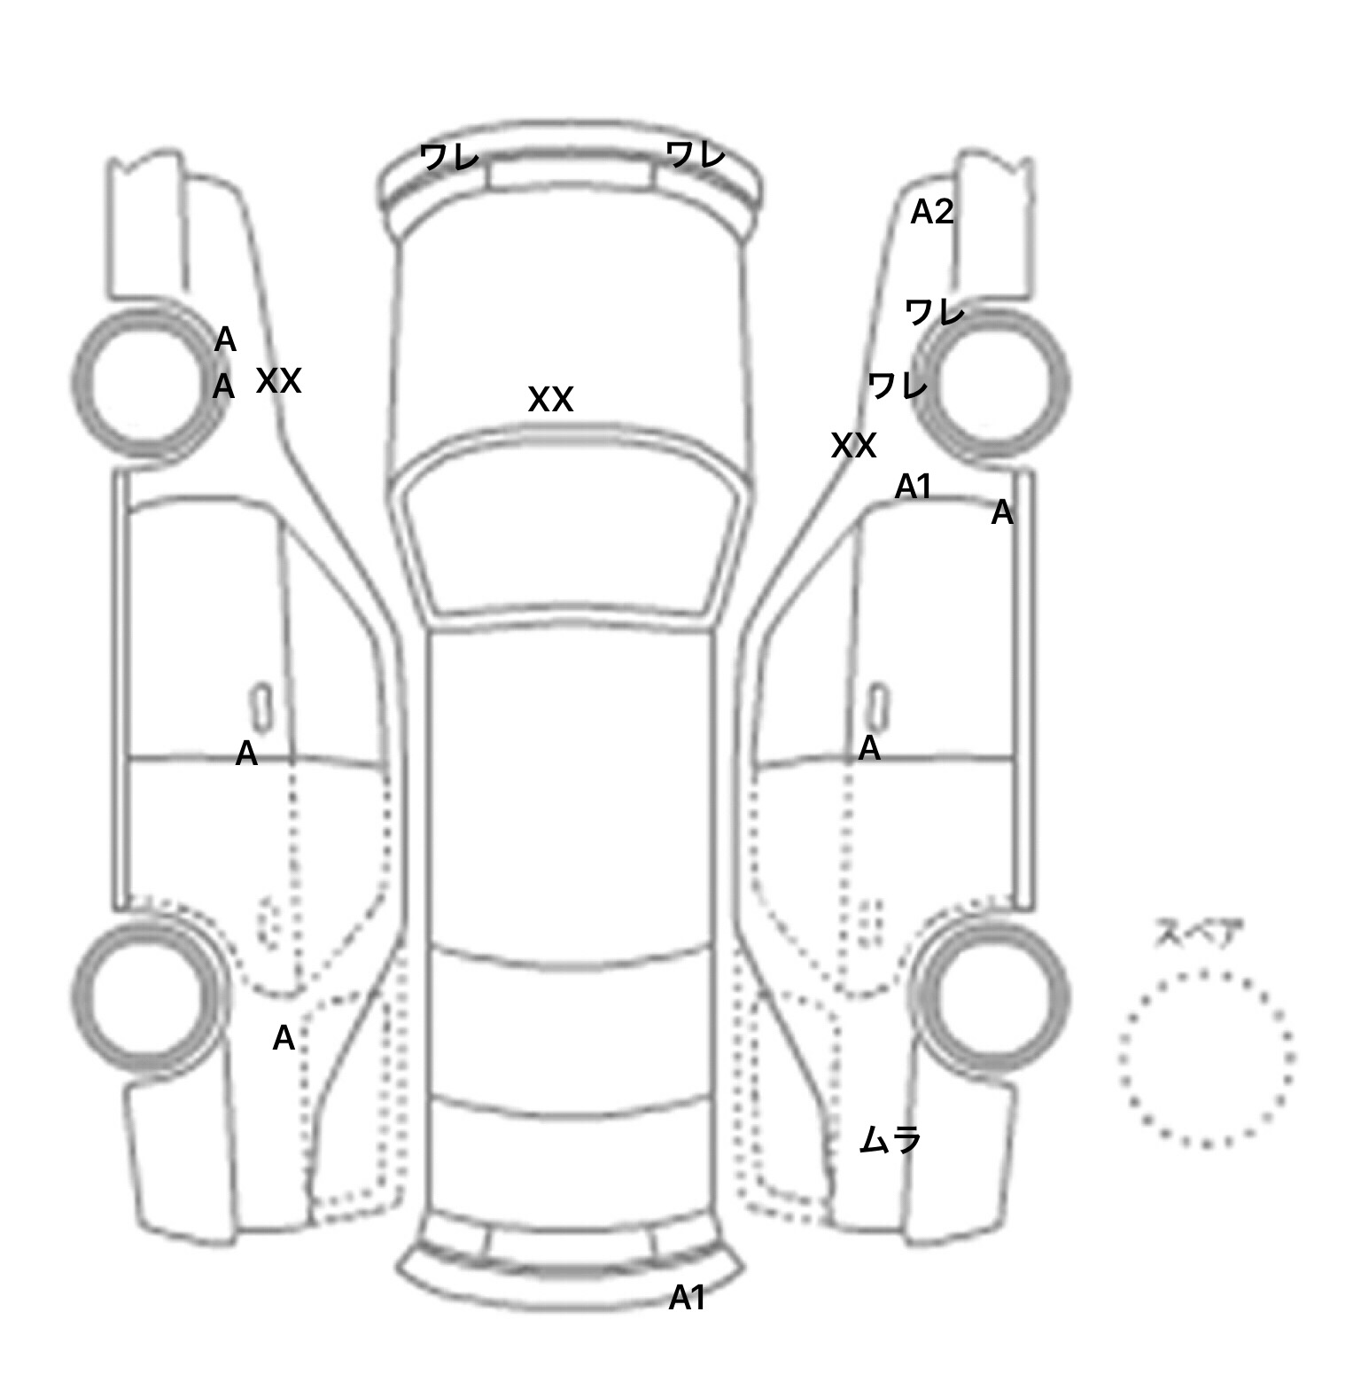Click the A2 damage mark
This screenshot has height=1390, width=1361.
point(932,212)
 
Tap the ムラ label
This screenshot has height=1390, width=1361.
point(890,1138)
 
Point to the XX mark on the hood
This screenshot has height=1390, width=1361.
point(550,399)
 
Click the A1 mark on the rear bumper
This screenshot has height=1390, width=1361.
point(687,1298)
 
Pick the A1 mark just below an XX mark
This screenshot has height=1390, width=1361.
point(914,487)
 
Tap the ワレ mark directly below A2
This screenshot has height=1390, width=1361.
point(934,311)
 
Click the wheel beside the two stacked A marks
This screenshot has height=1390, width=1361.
point(147,384)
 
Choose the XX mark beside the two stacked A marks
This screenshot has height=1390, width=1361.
point(278,381)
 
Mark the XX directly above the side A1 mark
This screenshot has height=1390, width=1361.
point(853,445)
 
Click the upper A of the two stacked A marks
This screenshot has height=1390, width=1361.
point(225,340)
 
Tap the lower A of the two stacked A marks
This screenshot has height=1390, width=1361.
point(223,387)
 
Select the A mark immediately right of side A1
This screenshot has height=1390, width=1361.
point(1001,512)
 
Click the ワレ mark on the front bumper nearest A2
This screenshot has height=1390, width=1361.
point(696,155)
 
